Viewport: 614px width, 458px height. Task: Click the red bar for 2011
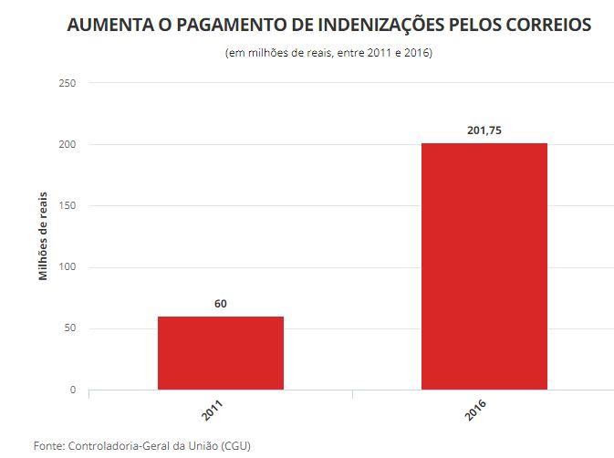pos(220,353)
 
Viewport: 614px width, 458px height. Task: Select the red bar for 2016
pos(484,266)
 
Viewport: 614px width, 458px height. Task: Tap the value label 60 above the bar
pos(220,304)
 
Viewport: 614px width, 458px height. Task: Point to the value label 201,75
pos(484,130)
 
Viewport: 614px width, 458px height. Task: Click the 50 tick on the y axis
pos(69,328)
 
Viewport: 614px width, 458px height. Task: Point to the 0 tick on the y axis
pos(72,390)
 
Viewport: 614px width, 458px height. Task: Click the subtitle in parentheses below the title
pos(328,53)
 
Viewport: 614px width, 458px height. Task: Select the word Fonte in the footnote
pos(48,445)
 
